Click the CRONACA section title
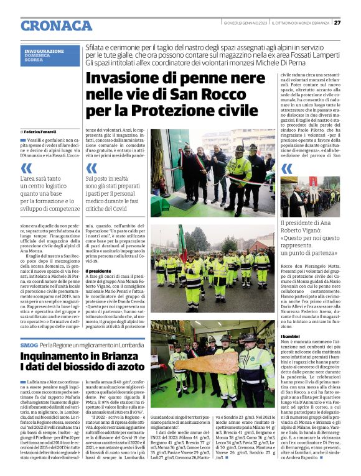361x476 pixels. click(56, 25)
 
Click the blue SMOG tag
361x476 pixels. click(29, 345)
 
